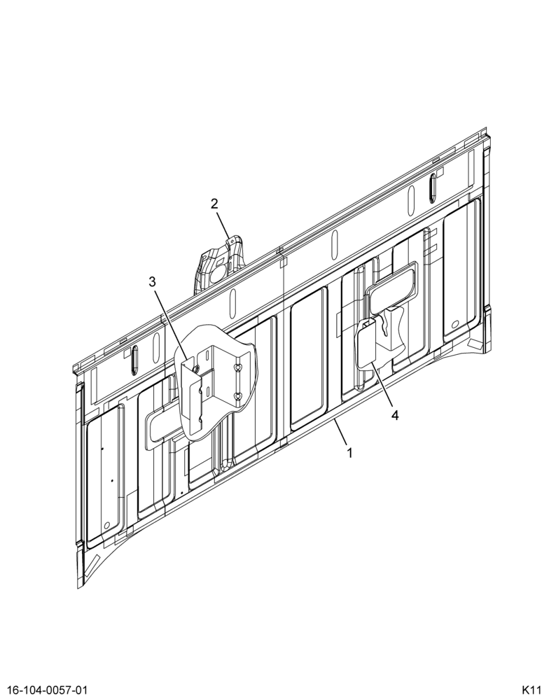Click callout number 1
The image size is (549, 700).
(349, 453)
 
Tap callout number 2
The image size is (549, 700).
(214, 204)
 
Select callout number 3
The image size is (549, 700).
(153, 281)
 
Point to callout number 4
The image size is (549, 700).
(394, 415)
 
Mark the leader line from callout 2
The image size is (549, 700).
(223, 225)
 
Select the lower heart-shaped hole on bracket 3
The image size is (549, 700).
(239, 395)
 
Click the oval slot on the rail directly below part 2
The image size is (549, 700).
(232, 302)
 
